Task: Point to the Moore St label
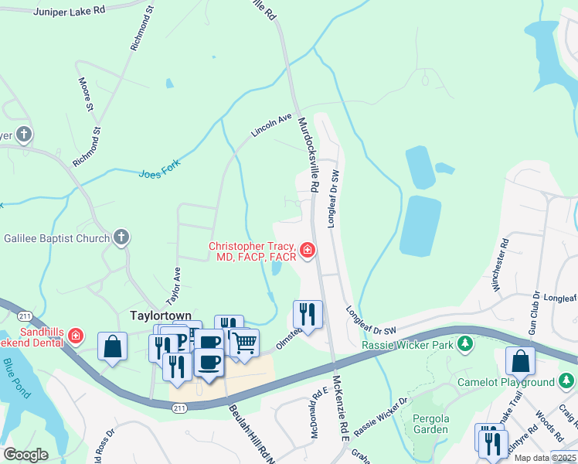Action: point(85,92)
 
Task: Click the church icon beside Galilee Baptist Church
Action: point(121,238)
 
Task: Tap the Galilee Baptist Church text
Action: point(57,238)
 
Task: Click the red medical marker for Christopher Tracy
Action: point(308,250)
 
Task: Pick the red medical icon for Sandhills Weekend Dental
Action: point(76,336)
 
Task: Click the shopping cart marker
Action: point(245,342)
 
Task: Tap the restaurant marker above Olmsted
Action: point(307,313)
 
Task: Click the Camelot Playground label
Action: point(516,382)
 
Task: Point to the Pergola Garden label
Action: point(430,423)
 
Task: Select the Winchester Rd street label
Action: point(500,265)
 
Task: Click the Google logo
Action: point(25,455)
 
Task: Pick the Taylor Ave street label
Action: point(175,285)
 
